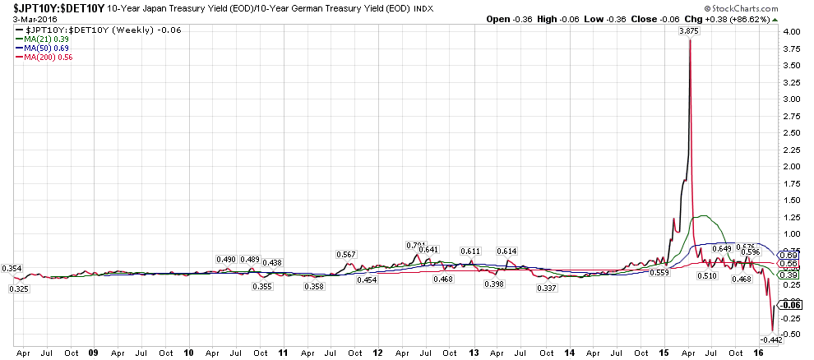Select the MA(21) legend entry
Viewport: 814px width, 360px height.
click(x=44, y=38)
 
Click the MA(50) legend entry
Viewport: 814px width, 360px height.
click(x=44, y=47)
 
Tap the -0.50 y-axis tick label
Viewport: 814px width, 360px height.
click(x=793, y=334)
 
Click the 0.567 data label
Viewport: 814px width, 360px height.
click(x=347, y=255)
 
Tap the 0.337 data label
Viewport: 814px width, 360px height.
click(x=546, y=288)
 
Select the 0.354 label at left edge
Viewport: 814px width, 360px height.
click(x=12, y=269)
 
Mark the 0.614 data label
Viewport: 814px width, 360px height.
click(x=506, y=251)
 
